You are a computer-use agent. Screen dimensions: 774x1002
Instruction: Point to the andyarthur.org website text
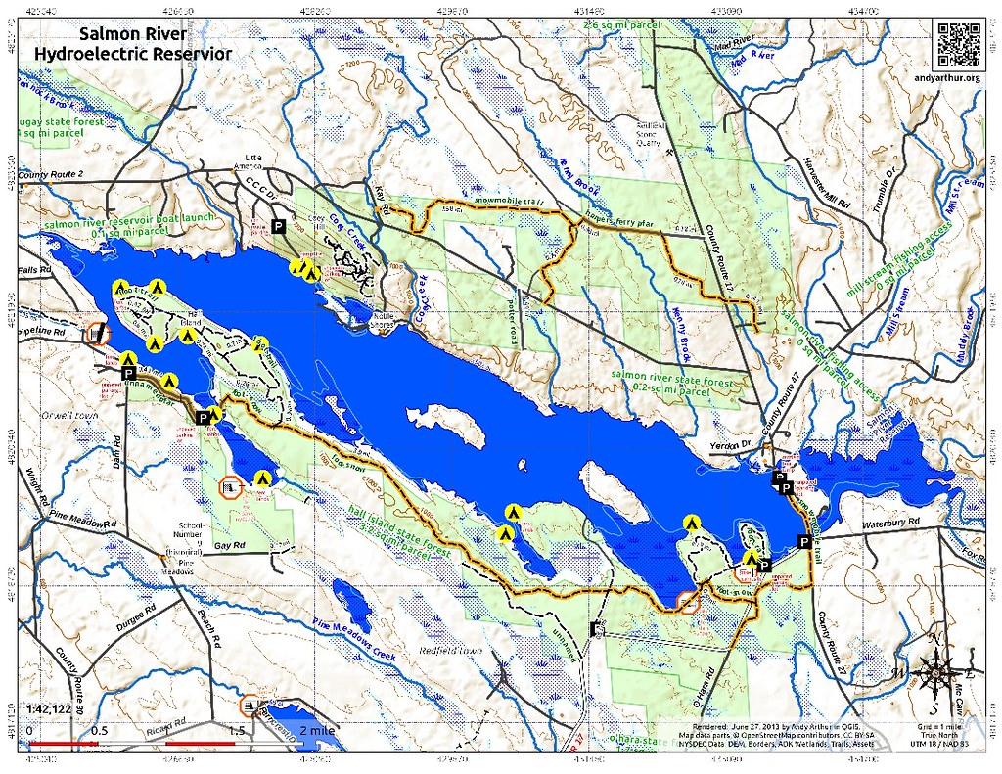pos(958,77)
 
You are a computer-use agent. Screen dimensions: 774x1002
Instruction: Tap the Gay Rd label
pos(227,544)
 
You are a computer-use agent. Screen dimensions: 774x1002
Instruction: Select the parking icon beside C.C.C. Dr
pos(278,226)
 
